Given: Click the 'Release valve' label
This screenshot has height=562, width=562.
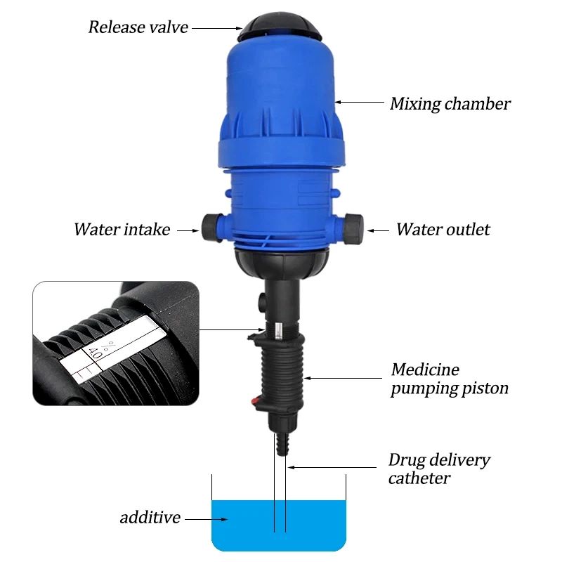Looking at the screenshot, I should click(138, 27).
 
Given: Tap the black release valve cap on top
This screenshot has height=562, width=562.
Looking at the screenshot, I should click(279, 25).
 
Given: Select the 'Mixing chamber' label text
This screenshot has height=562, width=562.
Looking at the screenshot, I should click(450, 104).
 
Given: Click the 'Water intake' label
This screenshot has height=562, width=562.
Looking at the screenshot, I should click(122, 230).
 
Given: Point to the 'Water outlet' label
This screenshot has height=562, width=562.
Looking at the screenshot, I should click(443, 230).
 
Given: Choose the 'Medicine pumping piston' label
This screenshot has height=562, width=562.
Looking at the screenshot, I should click(450, 379).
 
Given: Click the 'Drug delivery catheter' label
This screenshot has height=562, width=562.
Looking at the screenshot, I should click(439, 469).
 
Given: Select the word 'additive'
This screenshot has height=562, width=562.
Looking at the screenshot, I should click(150, 518).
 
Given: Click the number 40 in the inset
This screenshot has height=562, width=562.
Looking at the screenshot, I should click(96, 351).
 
